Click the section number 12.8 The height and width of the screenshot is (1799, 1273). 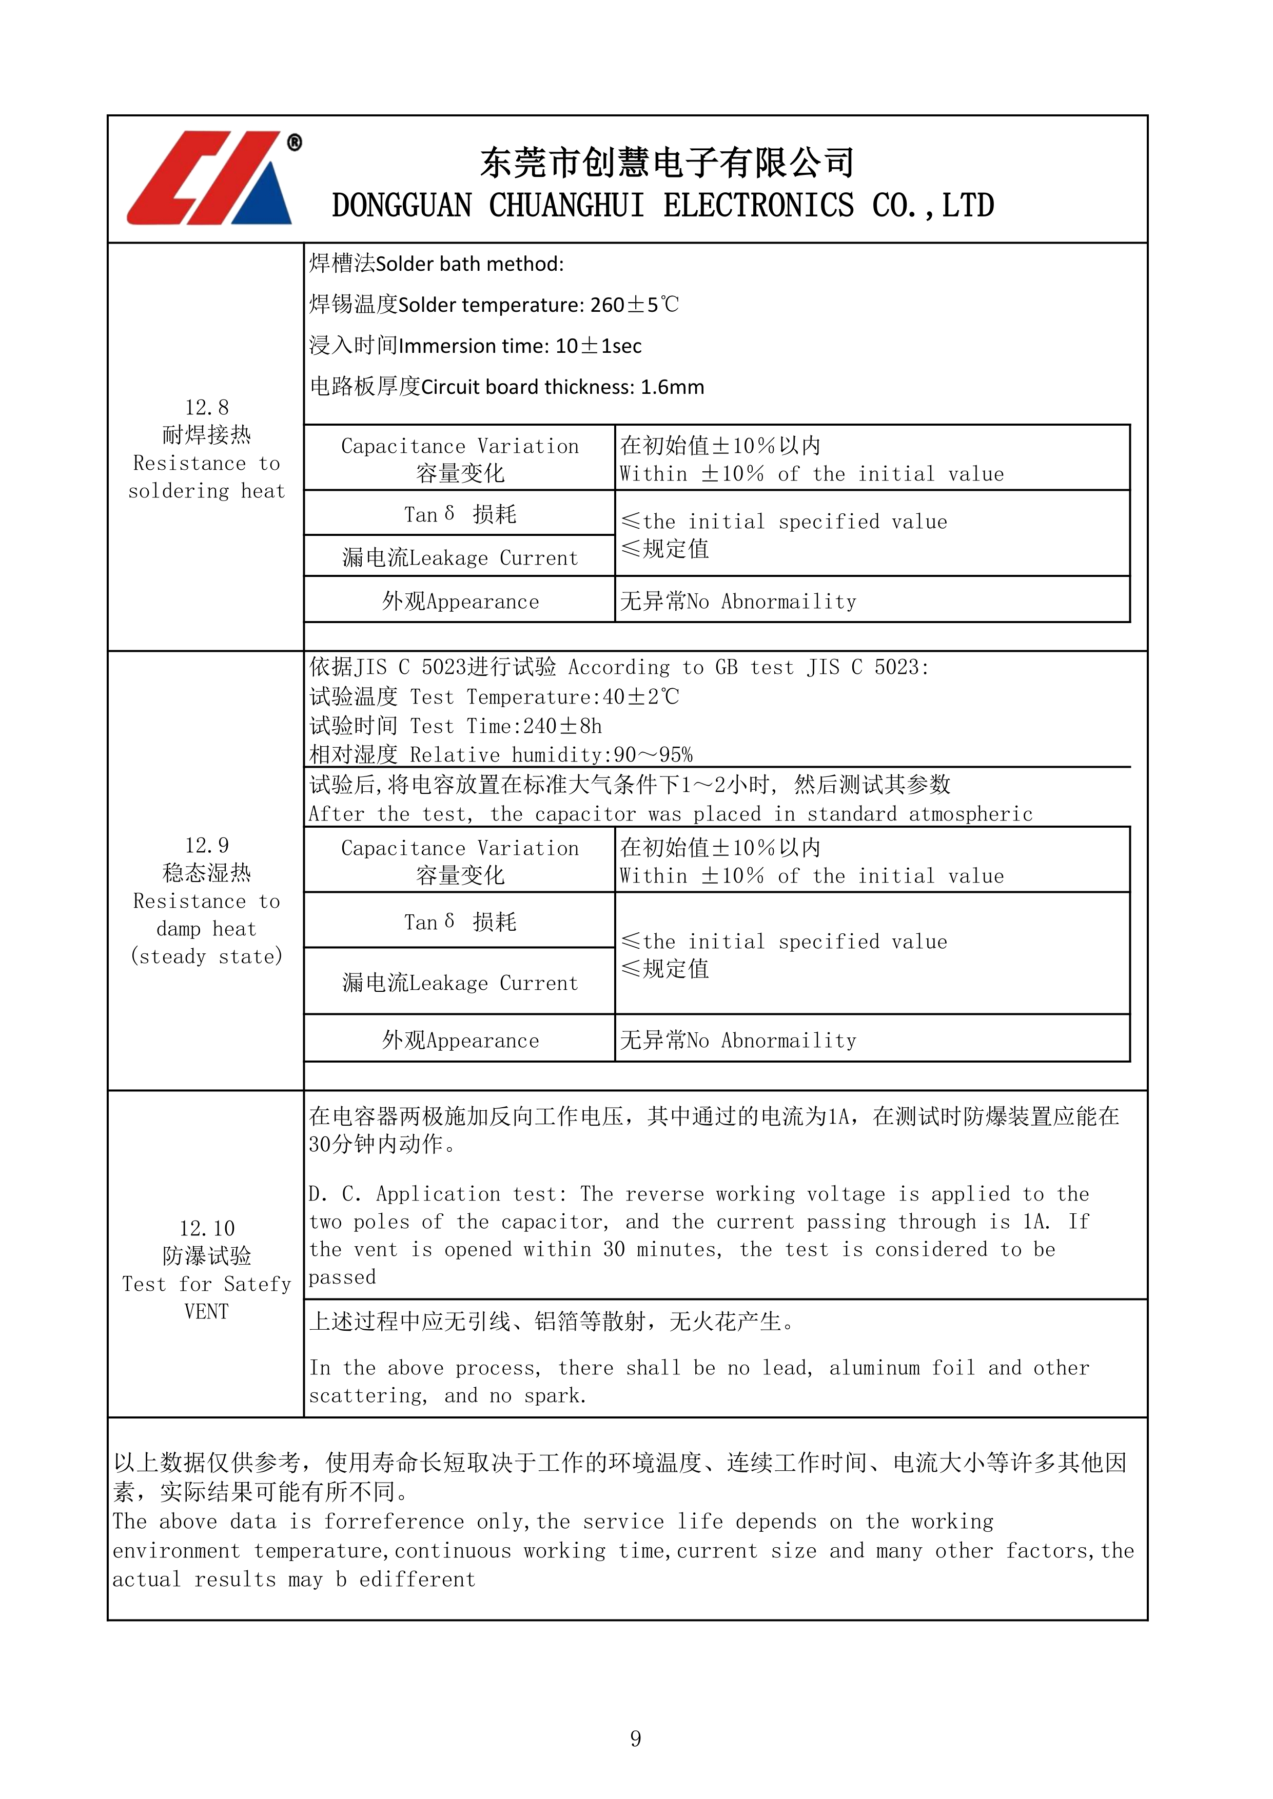207,407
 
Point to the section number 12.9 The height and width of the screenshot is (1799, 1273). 207,846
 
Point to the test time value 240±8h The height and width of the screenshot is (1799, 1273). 563,726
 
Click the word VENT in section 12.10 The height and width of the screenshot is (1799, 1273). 207,1312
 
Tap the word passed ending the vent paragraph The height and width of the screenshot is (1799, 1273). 343,1278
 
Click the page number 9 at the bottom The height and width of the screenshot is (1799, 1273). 636,1738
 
